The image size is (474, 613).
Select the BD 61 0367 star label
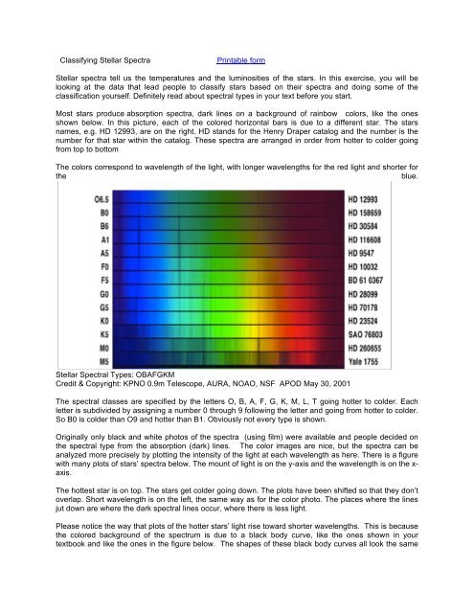[374, 281]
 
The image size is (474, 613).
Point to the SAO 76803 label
[372, 335]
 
